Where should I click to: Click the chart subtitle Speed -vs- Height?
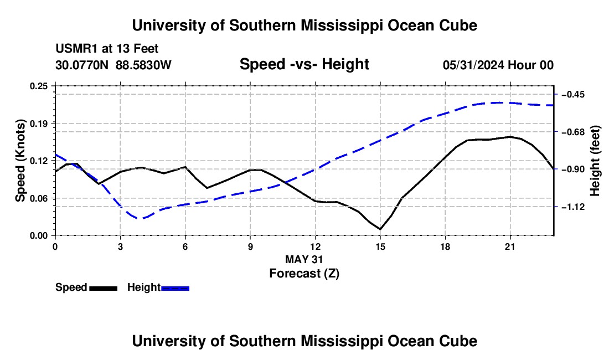pos(304,64)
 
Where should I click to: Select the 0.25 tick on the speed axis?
pos(39,86)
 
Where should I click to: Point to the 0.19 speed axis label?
pos(39,124)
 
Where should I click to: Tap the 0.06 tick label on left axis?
pos(39,198)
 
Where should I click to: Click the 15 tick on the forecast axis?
pos(380,246)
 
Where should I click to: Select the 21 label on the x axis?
pos(510,246)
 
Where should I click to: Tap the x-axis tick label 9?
pos(250,246)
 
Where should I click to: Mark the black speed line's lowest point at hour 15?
pos(380,229)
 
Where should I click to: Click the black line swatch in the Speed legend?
pos(104,289)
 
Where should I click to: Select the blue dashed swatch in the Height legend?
pos(175,289)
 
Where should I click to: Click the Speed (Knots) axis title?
pos(20,161)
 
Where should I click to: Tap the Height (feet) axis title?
pos(595,161)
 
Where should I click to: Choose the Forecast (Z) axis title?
pos(304,274)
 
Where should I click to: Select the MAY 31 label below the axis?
pos(304,259)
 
